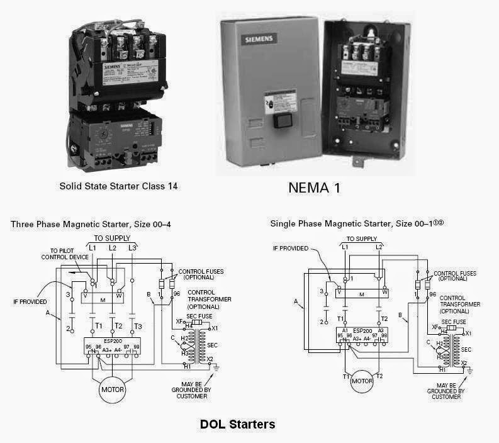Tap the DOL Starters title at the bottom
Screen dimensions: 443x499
tap(237, 424)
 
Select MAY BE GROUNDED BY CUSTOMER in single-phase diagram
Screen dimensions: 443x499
tap(446, 391)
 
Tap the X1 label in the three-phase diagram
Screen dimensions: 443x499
tap(215, 328)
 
